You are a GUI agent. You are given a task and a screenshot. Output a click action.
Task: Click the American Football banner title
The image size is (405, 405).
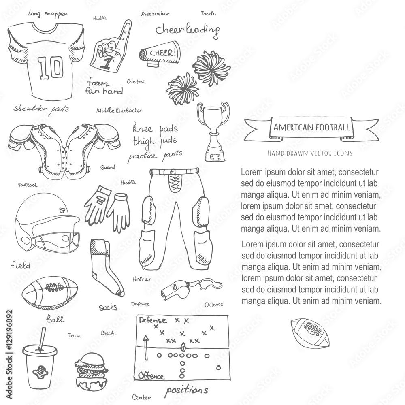pyautogui.click(x=311, y=127)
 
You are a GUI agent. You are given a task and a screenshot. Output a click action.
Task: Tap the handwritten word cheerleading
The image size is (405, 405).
pyautogui.click(x=188, y=30)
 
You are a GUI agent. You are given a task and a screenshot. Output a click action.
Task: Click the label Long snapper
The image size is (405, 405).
pyautogui.click(x=47, y=13)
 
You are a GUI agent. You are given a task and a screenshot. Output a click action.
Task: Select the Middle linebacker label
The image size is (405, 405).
pyautogui.click(x=119, y=110)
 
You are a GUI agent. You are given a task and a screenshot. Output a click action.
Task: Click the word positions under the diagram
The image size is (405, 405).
pyautogui.click(x=186, y=390)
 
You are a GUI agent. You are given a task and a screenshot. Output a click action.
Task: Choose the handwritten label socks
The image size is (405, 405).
pyautogui.click(x=108, y=307)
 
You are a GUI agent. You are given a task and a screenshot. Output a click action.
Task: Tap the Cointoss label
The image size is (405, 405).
pyautogui.click(x=136, y=82)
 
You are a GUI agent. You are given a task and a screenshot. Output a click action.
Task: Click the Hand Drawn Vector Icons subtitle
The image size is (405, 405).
pyautogui.click(x=309, y=153)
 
